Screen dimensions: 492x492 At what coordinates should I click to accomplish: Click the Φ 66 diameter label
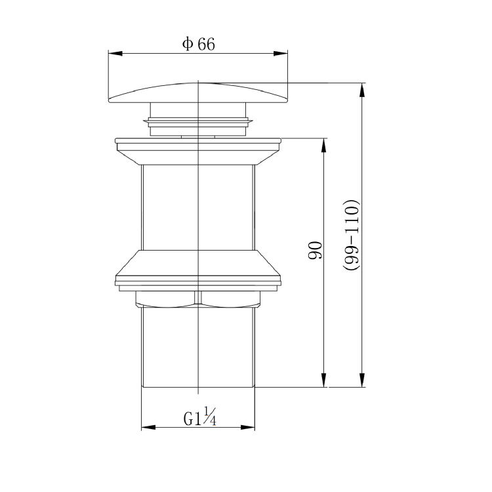coord(199,44)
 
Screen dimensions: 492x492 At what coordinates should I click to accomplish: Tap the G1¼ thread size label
coord(199,417)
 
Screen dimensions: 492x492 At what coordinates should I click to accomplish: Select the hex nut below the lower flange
coord(197,298)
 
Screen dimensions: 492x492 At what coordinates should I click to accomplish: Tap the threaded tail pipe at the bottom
coord(197,348)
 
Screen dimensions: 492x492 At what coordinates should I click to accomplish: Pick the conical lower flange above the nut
coord(197,266)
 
